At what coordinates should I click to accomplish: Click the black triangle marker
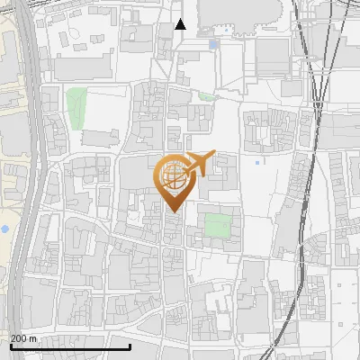181,24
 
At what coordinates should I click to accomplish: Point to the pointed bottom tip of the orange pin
171,211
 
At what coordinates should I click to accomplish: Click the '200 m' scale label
23,337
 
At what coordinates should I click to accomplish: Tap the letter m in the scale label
33,337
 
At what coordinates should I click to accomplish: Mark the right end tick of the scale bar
130,345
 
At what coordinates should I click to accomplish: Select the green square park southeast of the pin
217,225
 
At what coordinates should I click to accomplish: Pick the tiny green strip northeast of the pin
208,96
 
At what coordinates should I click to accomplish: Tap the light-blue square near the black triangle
212,43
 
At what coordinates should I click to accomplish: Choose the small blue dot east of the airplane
256,163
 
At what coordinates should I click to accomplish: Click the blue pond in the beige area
4,229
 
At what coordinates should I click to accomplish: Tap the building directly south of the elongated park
100,138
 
